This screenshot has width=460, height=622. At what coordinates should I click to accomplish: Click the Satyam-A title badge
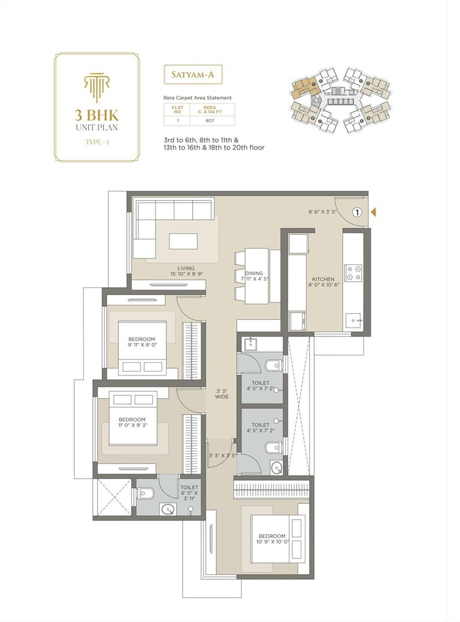click(193, 75)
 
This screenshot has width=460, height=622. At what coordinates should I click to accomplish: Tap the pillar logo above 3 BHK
click(96, 87)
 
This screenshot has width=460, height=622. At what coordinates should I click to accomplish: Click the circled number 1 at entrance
click(357, 212)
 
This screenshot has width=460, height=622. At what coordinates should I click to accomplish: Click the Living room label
click(186, 268)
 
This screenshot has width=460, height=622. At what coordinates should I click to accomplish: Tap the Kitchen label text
click(323, 279)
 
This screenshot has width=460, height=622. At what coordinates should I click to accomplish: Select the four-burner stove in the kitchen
click(353, 273)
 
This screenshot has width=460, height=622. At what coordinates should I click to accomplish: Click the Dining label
click(254, 274)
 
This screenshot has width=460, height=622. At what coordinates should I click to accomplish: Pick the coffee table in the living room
click(183, 241)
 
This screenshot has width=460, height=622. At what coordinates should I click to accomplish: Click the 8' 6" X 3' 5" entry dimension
click(321, 212)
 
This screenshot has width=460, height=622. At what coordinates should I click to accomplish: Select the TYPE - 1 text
click(96, 141)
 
